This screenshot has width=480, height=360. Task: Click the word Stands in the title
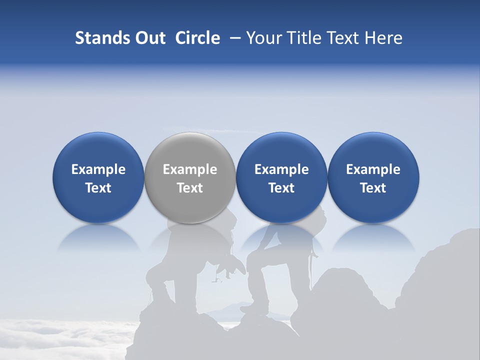[101, 38]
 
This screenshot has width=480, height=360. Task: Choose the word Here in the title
[384, 38]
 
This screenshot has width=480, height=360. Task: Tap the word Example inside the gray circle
[190, 169]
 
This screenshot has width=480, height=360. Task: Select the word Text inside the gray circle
[190, 188]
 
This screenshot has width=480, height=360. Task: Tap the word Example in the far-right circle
[373, 169]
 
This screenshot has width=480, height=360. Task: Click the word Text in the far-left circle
[98, 188]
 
